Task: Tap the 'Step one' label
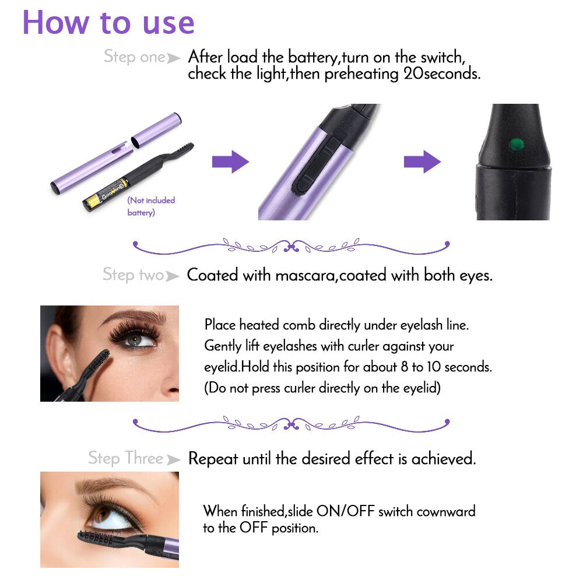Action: tap(135, 57)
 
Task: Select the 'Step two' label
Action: tap(134, 275)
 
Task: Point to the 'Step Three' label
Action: tap(125, 458)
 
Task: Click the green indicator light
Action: tap(515, 142)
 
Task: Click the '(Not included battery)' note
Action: tap(151, 206)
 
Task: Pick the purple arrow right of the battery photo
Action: tap(230, 161)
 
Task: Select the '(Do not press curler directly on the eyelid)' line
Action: tap(322, 388)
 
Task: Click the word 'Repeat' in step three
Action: tap(213, 459)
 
